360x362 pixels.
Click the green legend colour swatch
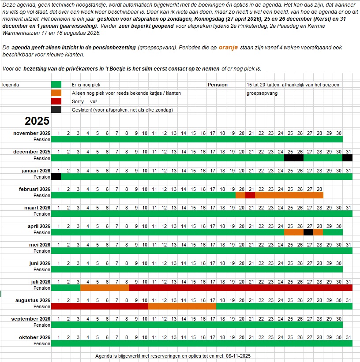point(56,85)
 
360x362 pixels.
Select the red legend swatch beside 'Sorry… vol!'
point(56,101)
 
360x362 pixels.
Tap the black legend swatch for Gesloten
point(56,110)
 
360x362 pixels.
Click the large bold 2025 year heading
point(37,121)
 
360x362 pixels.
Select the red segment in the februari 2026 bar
point(250,195)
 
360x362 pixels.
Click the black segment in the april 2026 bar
point(308,232)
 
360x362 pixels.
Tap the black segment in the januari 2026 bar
point(56,176)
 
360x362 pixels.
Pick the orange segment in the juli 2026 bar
point(104,287)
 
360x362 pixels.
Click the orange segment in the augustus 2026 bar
point(182,306)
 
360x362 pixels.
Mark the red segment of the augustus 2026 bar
point(100,306)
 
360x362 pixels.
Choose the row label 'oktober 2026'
point(34,337)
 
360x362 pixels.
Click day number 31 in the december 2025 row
point(347,152)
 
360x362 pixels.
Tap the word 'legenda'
point(11,85)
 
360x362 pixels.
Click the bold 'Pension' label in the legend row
point(217,85)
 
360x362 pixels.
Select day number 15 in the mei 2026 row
point(193,244)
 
